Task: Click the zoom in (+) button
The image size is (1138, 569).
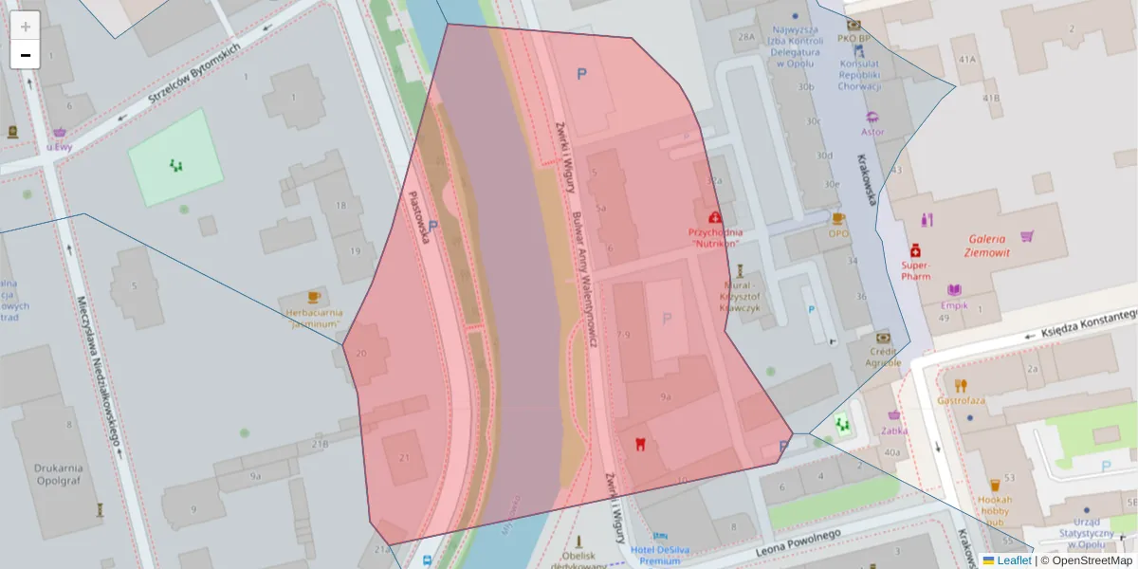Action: pos(26,26)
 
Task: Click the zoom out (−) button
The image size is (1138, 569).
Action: pos(26,55)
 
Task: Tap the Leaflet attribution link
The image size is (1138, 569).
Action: pos(1013,560)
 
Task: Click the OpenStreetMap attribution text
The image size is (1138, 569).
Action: pos(1092,560)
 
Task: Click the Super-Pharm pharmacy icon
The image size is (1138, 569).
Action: pos(915,250)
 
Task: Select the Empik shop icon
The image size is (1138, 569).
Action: pos(954,290)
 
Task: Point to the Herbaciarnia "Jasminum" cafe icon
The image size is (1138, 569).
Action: pos(315,297)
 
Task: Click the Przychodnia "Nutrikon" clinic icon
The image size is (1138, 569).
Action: pos(715,218)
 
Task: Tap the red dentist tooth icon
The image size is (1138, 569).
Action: pos(640,444)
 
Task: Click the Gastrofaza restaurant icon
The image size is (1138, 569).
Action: pos(961,385)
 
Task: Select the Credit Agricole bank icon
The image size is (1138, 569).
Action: pos(884,337)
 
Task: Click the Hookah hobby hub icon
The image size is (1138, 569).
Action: pos(995,486)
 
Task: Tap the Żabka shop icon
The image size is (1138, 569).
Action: pos(894,415)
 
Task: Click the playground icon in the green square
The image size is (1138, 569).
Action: pos(175,166)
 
